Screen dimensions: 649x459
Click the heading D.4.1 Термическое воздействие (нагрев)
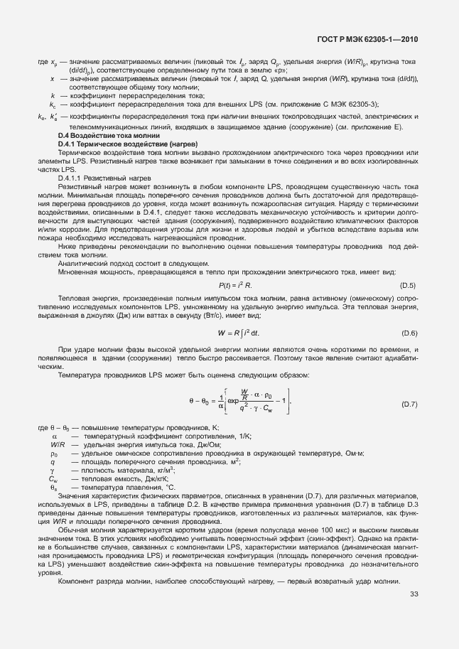[x=122, y=144]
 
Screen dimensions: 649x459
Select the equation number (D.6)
[x=409, y=333]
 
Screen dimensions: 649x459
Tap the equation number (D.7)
[x=409, y=404]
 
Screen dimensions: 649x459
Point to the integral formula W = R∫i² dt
[x=228, y=333]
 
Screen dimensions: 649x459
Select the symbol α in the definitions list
[x=54, y=435]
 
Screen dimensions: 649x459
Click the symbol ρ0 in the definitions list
[x=53, y=453]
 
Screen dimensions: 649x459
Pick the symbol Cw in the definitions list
[x=53, y=479]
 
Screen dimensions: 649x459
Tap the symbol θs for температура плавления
[x=53, y=488]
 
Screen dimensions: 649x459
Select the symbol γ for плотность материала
[x=53, y=470]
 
